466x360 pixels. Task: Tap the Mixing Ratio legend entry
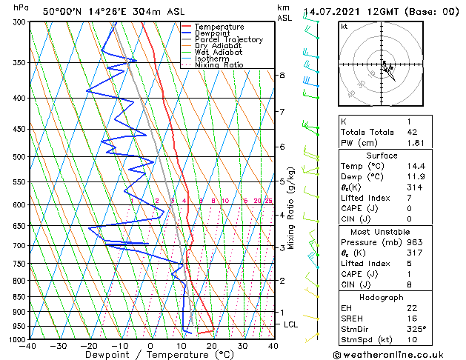pos(219,65)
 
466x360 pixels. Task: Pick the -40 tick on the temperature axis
pos(28,346)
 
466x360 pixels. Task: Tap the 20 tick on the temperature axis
pos(211,346)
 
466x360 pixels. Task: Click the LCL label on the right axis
pos(291,324)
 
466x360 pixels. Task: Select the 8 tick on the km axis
pos(282,76)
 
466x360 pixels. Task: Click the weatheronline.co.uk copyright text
pos(402,353)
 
